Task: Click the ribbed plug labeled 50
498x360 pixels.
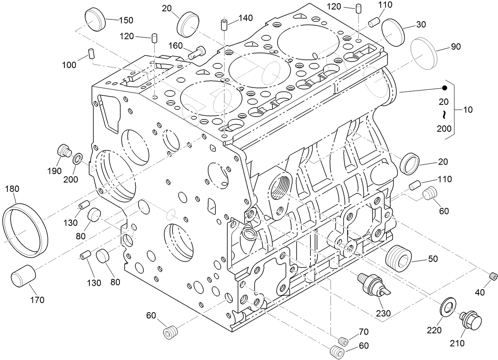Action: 398,258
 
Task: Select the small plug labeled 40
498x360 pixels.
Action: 493,276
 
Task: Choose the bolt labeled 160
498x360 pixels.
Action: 198,52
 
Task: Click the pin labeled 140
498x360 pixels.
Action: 224,25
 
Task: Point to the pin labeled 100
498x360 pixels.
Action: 91,53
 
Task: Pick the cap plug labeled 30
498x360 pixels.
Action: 393,32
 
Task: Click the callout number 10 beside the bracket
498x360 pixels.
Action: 468,110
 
